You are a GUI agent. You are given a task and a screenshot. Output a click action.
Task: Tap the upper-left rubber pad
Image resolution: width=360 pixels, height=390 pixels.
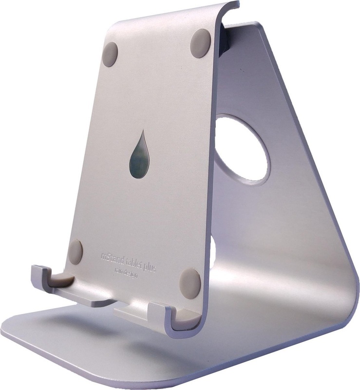point(111,54)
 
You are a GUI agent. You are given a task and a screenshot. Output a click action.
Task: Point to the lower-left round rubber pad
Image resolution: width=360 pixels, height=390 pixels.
point(76,252)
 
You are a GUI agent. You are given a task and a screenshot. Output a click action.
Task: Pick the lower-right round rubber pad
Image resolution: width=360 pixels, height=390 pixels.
point(190,283)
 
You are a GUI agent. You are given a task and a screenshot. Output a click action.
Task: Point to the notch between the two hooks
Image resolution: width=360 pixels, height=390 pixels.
point(110,305)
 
